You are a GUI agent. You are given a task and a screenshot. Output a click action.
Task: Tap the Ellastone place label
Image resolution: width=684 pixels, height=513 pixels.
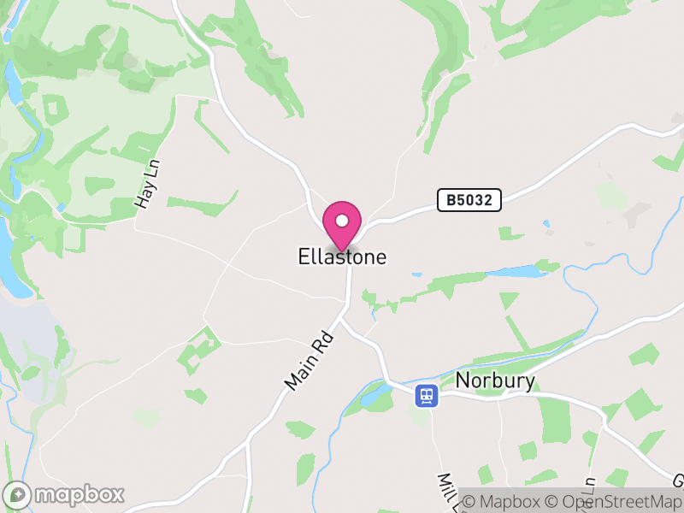point(342,256)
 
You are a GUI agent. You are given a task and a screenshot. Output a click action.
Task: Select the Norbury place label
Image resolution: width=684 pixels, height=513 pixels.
point(495,380)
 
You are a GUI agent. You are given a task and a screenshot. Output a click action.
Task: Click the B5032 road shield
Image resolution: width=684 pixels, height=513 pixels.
point(469,200)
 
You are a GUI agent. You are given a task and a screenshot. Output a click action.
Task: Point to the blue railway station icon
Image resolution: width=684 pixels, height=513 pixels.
point(426,395)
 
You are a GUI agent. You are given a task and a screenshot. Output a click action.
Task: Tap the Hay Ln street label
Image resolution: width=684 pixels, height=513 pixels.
point(148,186)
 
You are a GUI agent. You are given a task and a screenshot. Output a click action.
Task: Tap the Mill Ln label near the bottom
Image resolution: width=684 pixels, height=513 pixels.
point(447,492)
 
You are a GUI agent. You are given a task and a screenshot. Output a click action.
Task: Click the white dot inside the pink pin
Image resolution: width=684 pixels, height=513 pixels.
point(342,221)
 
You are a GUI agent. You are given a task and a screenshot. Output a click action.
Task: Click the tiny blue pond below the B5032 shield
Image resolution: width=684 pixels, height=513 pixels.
point(545,225)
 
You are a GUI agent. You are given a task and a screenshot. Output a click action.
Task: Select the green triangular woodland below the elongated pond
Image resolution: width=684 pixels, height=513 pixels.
point(509,300)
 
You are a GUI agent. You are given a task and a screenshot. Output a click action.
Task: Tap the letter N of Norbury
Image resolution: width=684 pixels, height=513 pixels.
point(463,380)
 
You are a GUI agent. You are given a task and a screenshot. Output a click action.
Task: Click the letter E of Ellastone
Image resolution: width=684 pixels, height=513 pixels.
point(304,256)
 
